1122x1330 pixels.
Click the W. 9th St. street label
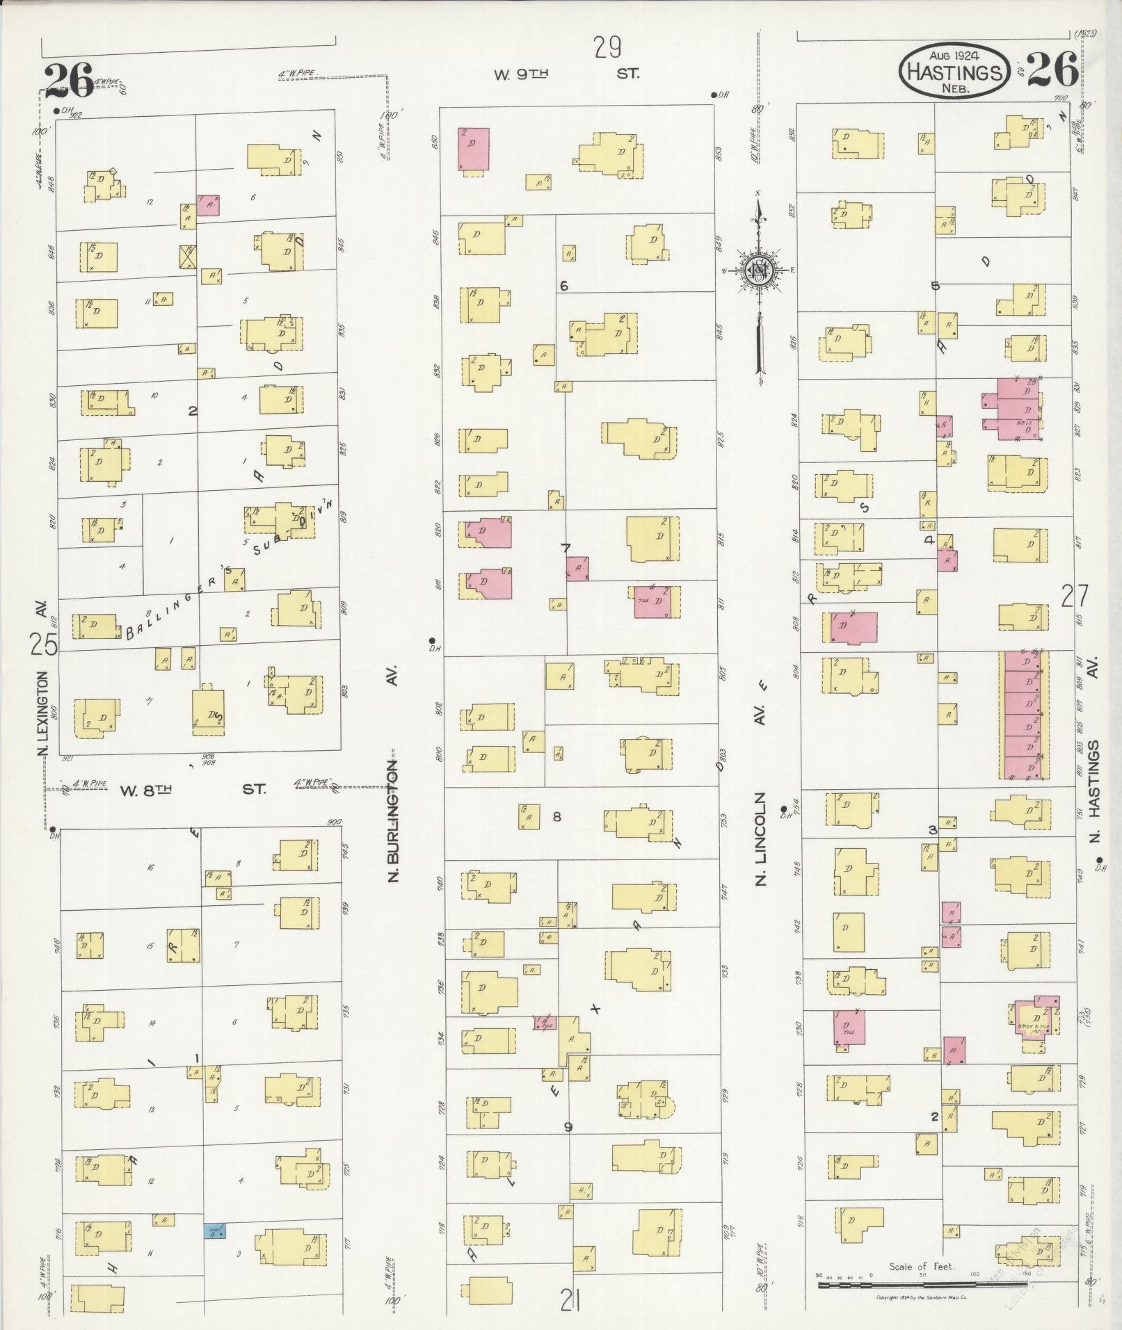tap(565, 74)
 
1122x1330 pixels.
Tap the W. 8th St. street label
tap(193, 790)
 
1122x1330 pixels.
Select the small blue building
tap(214, 1231)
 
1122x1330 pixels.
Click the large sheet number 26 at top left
tap(68, 82)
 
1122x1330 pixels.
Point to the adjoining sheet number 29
tap(607, 48)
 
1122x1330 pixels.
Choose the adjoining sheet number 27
tap(1076, 597)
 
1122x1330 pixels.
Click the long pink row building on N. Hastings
tap(1023, 715)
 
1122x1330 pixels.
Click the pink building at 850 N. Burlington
tap(473, 148)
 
